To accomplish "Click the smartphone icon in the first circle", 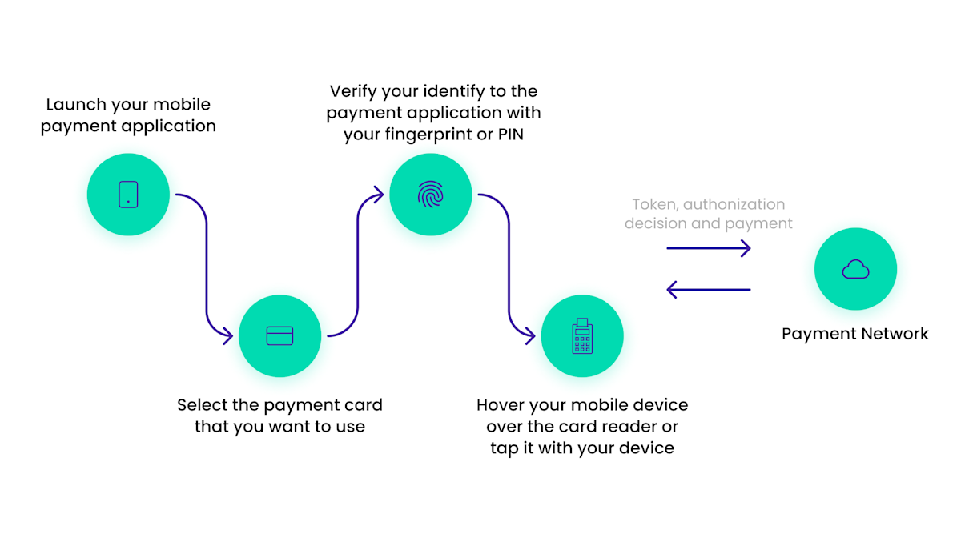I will pyautogui.click(x=128, y=195).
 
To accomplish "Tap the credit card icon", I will pyautogui.click(x=279, y=335).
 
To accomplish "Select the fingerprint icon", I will pyautogui.click(x=431, y=195).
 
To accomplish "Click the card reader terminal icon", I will pyautogui.click(x=582, y=336).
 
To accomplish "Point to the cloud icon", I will pyautogui.click(x=855, y=269).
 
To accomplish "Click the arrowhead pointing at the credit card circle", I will pyautogui.click(x=228, y=336).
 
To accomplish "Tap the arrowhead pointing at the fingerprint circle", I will pyautogui.click(x=379, y=193).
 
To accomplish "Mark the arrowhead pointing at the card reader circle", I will pyautogui.click(x=530, y=336).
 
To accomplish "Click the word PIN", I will pyautogui.click(x=510, y=134).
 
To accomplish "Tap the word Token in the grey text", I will pyautogui.click(x=653, y=205).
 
